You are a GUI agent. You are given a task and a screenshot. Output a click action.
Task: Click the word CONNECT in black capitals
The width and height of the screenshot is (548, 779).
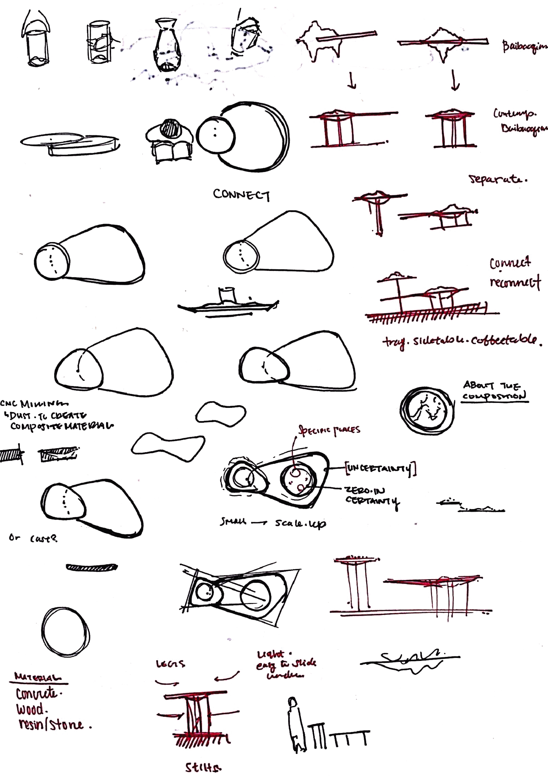tap(242, 195)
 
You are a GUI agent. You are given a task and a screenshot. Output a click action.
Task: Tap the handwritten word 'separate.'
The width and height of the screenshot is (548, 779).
tap(498, 179)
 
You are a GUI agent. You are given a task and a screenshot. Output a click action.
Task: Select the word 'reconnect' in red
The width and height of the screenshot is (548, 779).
tap(515, 282)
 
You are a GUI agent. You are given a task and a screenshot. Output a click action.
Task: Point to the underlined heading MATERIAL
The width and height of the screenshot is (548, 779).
tap(38, 677)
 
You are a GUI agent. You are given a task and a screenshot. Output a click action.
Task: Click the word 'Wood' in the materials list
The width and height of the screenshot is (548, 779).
tap(30, 709)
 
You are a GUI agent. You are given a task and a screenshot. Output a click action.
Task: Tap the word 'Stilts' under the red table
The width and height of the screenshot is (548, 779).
tap(203, 767)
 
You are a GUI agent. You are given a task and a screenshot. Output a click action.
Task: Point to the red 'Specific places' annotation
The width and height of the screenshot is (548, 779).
tap(329, 430)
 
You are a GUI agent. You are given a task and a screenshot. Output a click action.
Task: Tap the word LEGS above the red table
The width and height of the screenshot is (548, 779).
tap(170, 664)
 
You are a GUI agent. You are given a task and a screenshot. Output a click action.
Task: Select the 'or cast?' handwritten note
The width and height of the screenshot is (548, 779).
tap(33, 538)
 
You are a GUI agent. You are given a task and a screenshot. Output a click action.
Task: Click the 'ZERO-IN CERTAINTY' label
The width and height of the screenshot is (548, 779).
tap(371, 496)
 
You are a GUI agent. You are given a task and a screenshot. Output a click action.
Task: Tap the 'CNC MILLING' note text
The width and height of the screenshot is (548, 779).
tap(34, 404)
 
